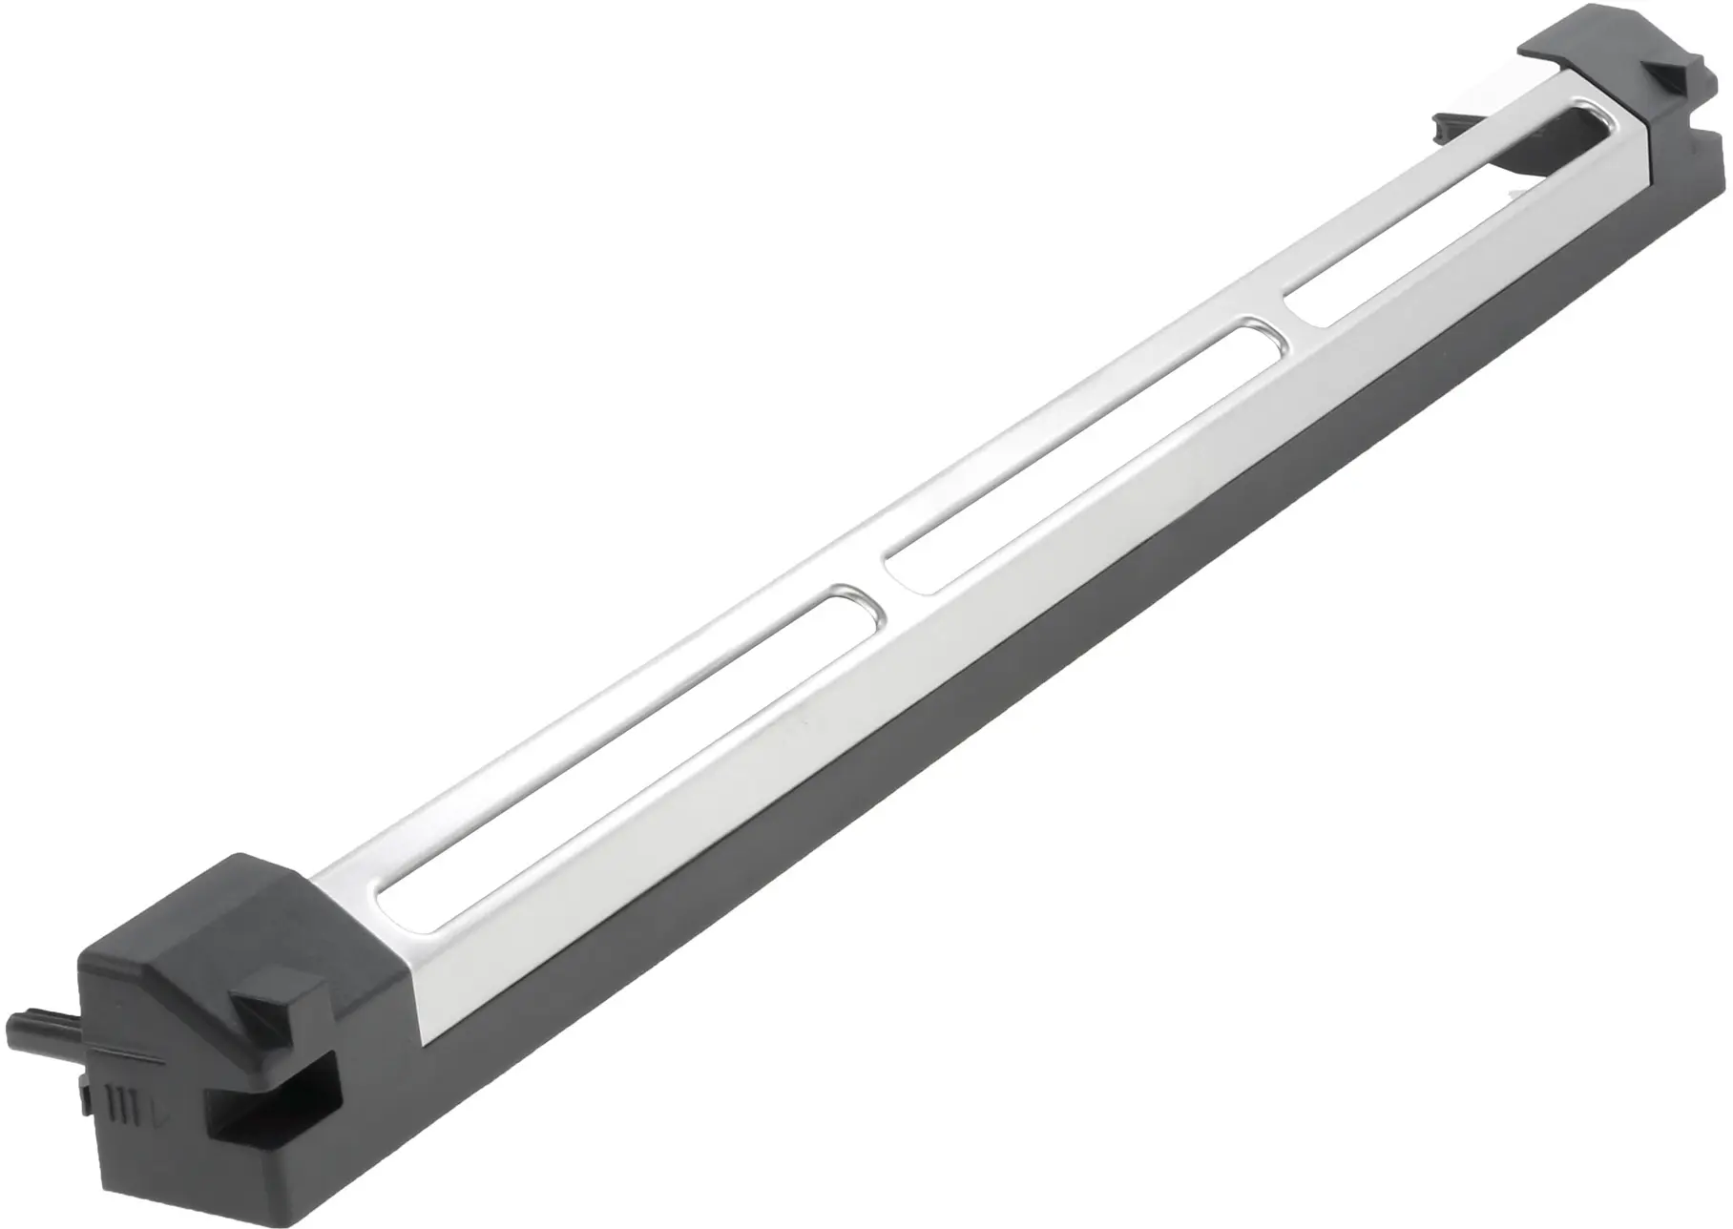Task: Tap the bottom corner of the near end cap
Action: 134,1210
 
